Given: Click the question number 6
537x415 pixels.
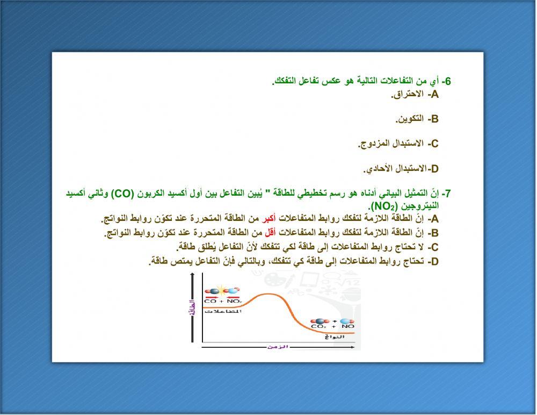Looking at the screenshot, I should (446, 81).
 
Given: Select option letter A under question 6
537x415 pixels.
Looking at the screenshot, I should (433, 95).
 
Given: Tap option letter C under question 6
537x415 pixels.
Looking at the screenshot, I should (433, 144).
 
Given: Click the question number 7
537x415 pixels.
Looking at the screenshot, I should (445, 194).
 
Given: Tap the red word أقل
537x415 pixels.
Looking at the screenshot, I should (271, 233).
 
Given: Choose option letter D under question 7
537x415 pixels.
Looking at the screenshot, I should (433, 262).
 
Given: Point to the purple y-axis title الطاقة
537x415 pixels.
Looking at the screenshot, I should (192, 309).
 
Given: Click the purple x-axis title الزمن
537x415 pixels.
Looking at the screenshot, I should (278, 347).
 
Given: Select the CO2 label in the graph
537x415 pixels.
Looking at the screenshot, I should (318, 326).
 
